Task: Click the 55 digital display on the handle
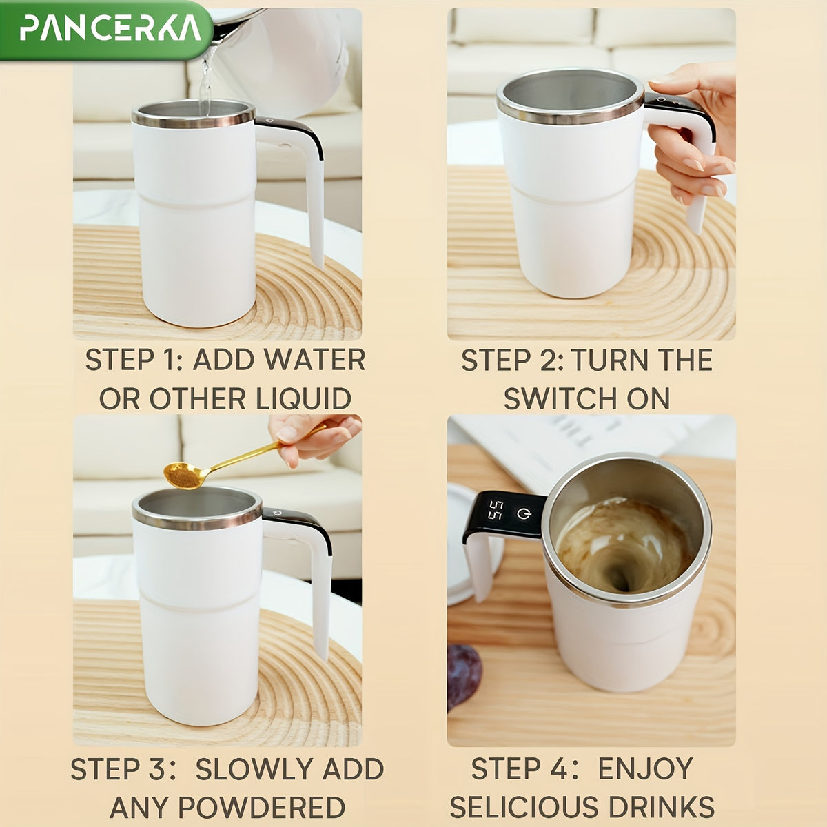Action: (x=494, y=511)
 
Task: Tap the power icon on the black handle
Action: (x=525, y=513)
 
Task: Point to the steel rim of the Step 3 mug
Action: (x=196, y=521)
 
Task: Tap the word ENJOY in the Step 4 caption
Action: (x=644, y=770)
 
